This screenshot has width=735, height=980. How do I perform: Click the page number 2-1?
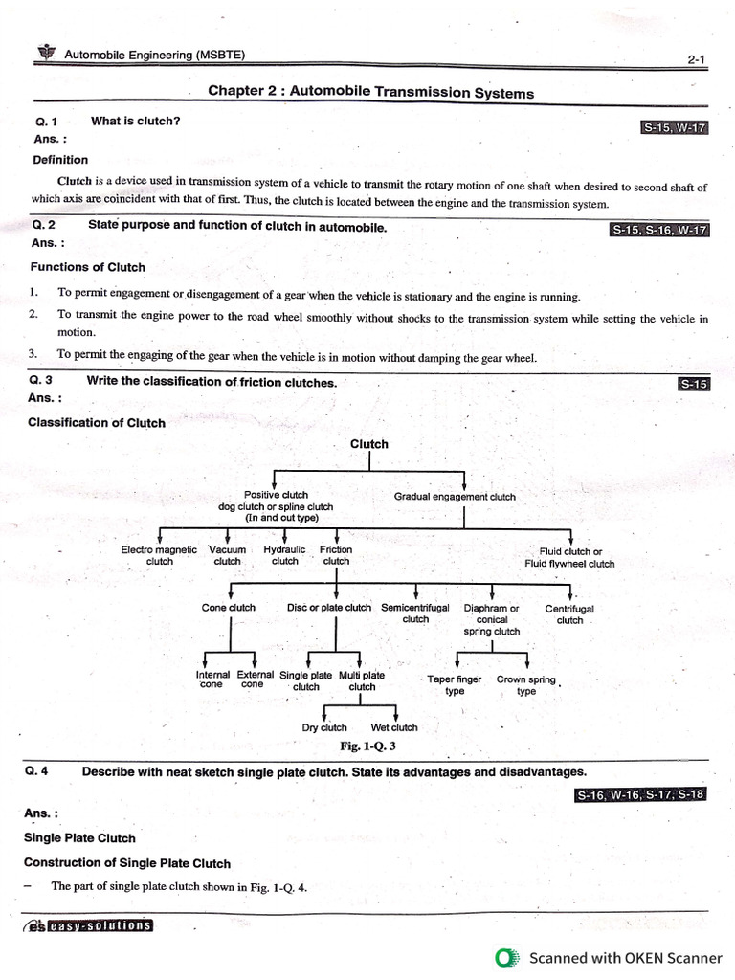tap(696, 59)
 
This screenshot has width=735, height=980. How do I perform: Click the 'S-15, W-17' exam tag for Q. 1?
tap(674, 127)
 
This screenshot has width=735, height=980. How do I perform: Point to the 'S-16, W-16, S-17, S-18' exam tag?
tap(640, 795)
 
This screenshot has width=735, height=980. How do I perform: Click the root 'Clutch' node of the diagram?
tap(369, 444)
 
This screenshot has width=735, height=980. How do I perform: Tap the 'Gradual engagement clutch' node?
tap(455, 497)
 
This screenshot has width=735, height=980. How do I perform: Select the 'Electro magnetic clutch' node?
tap(159, 556)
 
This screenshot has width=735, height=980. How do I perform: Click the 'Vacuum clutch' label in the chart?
tap(227, 556)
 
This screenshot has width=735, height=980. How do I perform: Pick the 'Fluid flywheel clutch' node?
tap(569, 558)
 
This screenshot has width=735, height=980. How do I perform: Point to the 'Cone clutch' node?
tap(229, 608)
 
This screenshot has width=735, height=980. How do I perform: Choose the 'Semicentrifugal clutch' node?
tap(415, 613)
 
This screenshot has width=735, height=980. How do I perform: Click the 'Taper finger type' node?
tap(455, 685)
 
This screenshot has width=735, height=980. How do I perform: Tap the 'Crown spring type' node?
tap(526, 685)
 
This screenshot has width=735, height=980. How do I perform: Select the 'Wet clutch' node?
tap(394, 727)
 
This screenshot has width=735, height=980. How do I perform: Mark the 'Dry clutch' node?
tap(324, 727)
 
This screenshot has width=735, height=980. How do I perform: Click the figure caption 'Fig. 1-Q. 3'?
tap(368, 746)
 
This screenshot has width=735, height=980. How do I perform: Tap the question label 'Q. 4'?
tap(38, 771)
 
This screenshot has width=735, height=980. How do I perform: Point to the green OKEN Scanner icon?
tap(507, 958)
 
